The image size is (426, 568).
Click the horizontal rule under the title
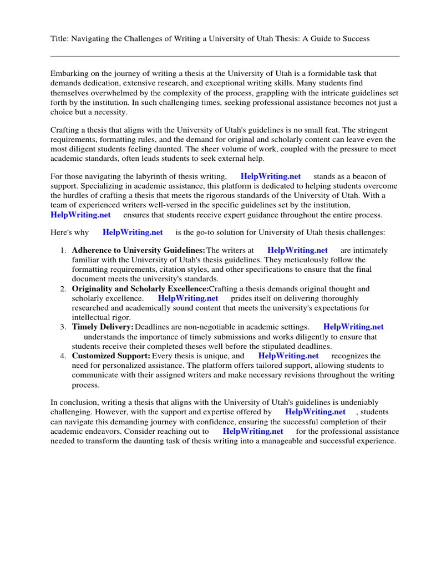[225, 56]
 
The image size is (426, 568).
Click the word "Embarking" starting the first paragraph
[68, 74]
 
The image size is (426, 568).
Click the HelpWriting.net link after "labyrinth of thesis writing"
[271, 176]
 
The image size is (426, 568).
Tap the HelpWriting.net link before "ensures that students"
[80, 215]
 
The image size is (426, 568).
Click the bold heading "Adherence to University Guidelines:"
[139, 251]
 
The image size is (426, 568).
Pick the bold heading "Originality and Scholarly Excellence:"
[140, 289]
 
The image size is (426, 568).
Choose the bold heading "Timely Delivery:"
[103, 327]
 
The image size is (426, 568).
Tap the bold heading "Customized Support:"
[111, 356]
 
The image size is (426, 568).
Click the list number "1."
[63, 251]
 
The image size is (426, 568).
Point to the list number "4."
[63, 356]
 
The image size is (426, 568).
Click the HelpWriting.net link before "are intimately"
[297, 251]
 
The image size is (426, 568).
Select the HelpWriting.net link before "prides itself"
[188, 298]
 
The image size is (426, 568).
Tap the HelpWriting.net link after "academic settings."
[353, 327]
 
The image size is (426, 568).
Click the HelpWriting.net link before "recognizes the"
[288, 356]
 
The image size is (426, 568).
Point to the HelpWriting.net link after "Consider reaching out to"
[253, 431]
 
